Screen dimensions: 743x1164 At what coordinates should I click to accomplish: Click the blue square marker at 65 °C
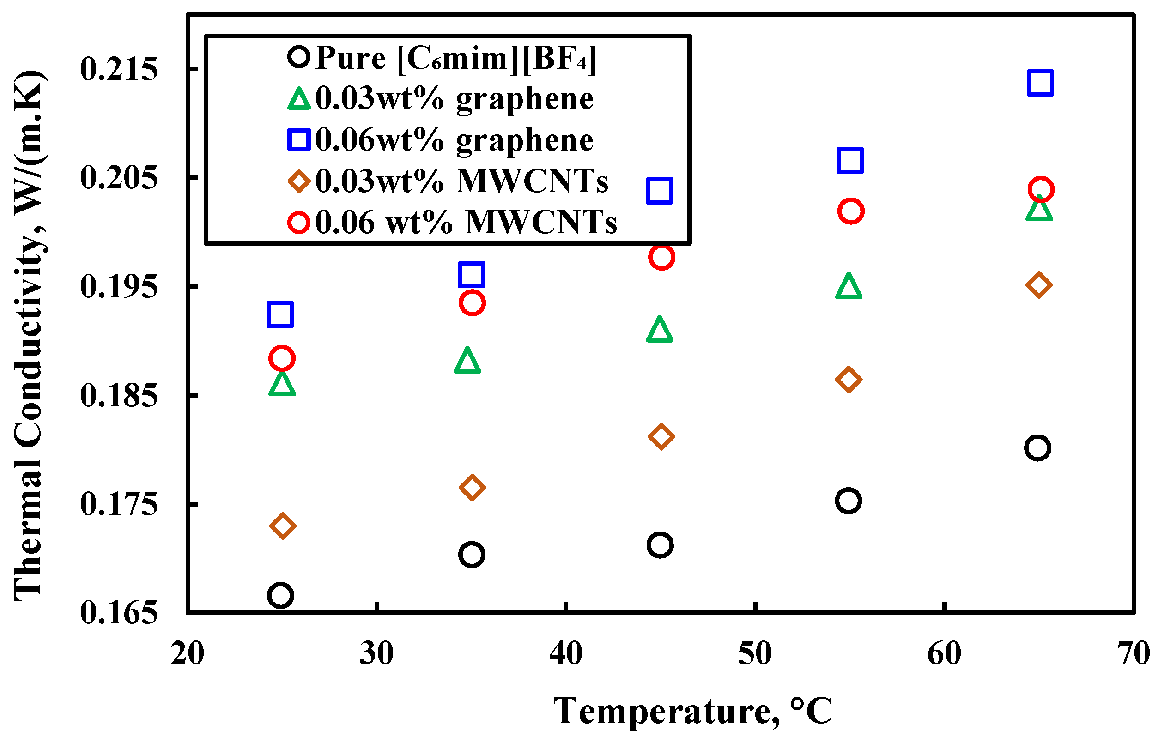click(x=1040, y=82)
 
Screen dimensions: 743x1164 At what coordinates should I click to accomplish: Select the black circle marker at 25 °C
click(x=280, y=595)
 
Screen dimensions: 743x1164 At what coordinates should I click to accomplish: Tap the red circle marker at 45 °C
click(x=662, y=257)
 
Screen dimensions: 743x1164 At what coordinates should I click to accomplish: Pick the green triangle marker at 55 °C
click(x=849, y=286)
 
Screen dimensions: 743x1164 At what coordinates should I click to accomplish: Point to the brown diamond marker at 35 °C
click(x=472, y=487)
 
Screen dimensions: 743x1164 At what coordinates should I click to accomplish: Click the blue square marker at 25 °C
click(x=280, y=314)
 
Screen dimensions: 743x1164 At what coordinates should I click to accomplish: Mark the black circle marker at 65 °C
click(x=1037, y=447)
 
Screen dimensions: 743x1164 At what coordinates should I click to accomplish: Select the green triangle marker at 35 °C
click(x=467, y=361)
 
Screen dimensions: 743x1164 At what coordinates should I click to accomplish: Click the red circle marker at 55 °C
click(x=851, y=211)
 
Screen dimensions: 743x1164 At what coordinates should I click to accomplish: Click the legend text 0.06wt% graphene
click(x=455, y=140)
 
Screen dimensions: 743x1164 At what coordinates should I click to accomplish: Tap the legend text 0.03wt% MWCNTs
click(x=461, y=181)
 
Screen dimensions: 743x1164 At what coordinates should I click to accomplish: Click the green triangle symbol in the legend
click(x=299, y=99)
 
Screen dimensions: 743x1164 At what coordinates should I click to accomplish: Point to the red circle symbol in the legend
click(x=299, y=223)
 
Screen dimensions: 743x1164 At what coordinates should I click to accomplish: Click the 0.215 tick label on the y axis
click(x=119, y=69)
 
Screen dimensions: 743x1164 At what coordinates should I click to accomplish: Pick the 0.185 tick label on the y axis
click(x=119, y=395)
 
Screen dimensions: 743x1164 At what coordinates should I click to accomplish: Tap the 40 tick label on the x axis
click(x=565, y=653)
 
